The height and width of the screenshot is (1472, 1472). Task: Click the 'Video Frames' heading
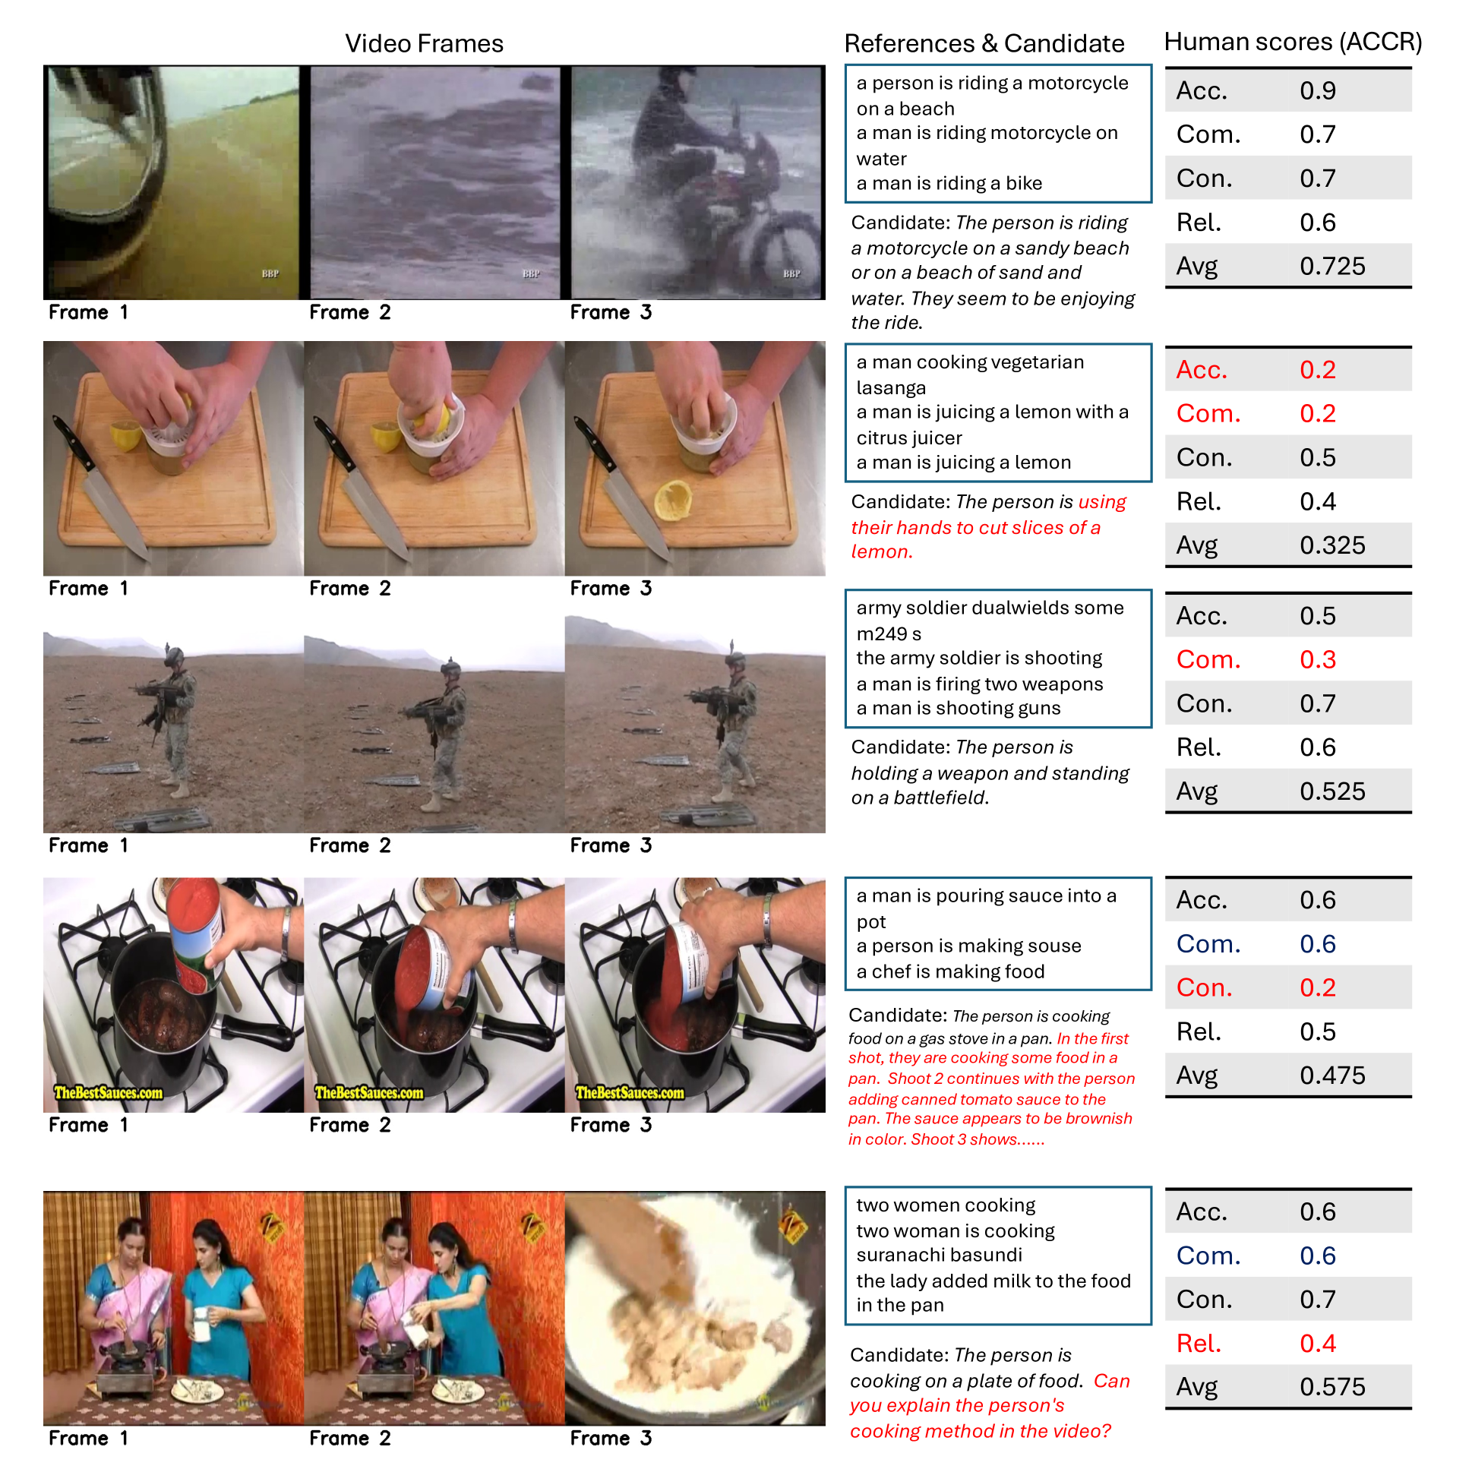tap(424, 43)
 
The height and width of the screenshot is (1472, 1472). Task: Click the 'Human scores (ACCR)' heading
tap(1293, 42)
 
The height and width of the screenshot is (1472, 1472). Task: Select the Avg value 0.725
tap(1332, 266)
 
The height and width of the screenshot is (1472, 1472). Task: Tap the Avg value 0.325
tap(1332, 545)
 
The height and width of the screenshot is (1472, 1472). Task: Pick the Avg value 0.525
tap(1332, 791)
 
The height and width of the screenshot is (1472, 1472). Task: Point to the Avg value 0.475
tap(1332, 1075)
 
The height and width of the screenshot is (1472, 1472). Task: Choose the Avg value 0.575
tap(1332, 1387)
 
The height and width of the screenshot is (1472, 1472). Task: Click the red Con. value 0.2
tap(1317, 987)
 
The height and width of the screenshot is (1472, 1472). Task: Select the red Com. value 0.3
tap(1317, 659)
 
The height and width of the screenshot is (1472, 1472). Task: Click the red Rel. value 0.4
tap(1317, 1343)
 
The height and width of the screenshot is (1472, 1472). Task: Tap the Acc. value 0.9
tap(1317, 90)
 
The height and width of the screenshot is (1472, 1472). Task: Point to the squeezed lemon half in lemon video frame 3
tap(673, 501)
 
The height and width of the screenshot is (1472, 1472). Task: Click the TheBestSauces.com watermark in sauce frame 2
tap(370, 1092)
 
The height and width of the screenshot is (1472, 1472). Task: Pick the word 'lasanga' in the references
tap(891, 388)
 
